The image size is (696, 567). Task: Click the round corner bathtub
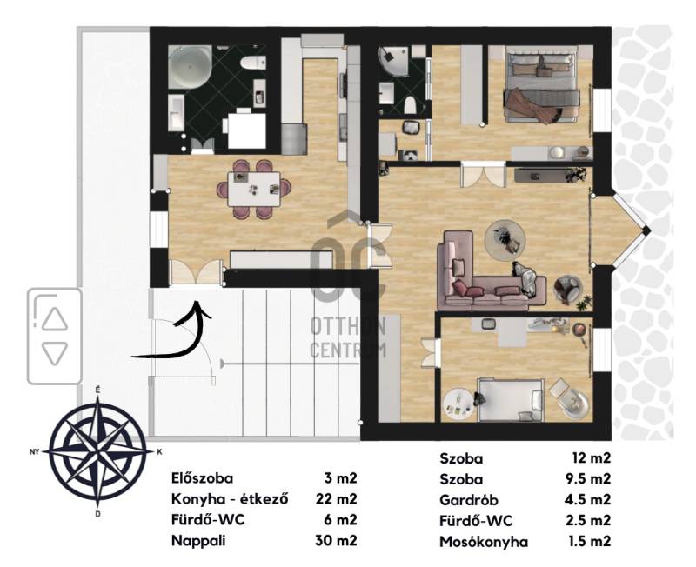tap(190, 66)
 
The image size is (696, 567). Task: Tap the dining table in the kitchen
tap(254, 189)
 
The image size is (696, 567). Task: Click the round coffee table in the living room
tap(505, 239)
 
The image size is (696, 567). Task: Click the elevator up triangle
tap(55, 319)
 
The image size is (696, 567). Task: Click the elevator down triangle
tap(55, 354)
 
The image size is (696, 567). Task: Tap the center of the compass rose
tap(97, 452)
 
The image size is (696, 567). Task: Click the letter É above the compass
tap(97, 390)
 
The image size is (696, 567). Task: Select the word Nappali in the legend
tap(198, 541)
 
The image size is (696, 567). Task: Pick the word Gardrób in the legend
tap(469, 500)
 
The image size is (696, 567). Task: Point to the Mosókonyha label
tap(484, 542)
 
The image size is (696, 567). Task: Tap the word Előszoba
tap(202, 478)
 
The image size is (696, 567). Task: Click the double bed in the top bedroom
tap(541, 84)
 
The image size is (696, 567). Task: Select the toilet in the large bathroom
tap(252, 62)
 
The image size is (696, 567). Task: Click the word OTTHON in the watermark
tap(347, 327)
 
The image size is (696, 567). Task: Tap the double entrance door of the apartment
tap(196, 272)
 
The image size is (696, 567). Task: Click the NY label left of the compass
tap(34, 452)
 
